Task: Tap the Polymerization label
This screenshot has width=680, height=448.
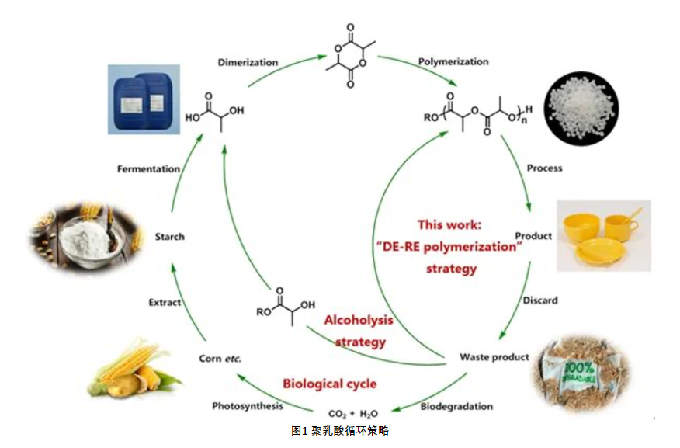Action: coord(453,61)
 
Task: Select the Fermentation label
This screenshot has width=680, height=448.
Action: coord(148,168)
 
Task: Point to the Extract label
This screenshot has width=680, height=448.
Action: coord(165,301)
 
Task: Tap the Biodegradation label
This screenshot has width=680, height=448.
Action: coord(456,406)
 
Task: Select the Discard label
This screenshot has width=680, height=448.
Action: coord(539,300)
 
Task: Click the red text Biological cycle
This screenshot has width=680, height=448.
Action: coord(329,384)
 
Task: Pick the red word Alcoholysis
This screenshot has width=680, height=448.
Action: coord(358,321)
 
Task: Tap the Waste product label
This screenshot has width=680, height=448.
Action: coord(494,357)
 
